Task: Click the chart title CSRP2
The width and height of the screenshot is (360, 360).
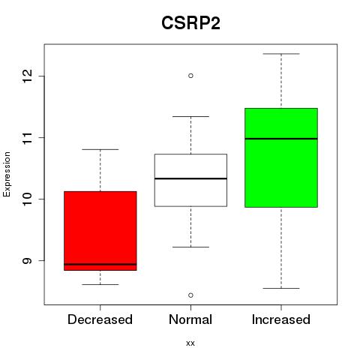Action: coord(190,23)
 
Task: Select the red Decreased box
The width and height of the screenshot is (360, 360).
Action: coord(100,231)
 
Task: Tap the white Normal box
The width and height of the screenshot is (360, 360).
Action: coord(190,180)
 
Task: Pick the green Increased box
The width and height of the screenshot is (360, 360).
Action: coord(281,157)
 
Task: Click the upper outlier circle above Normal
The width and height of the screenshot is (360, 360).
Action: coord(190,76)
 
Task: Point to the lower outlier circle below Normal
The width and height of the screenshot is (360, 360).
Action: coord(190,295)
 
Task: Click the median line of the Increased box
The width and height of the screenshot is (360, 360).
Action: coord(281,139)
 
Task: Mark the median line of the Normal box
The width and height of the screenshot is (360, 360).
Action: coord(190,178)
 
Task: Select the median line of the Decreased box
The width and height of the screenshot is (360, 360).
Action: coord(100,264)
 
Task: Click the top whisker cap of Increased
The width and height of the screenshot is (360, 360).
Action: coord(281,54)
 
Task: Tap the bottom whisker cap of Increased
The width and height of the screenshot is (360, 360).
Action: coord(281,288)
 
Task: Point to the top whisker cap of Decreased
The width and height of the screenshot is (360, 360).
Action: coord(100,149)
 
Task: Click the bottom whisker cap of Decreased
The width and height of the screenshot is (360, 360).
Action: coord(100,284)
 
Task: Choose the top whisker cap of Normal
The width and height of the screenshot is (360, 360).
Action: coord(190,116)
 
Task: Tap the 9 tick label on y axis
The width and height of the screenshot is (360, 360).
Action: coord(28,260)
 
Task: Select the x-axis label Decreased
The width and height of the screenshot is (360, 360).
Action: coord(100,319)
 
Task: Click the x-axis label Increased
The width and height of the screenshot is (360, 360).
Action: coord(281,319)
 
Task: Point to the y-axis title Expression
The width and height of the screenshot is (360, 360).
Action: coord(7,174)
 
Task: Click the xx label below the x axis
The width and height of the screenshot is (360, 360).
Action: coord(190,343)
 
